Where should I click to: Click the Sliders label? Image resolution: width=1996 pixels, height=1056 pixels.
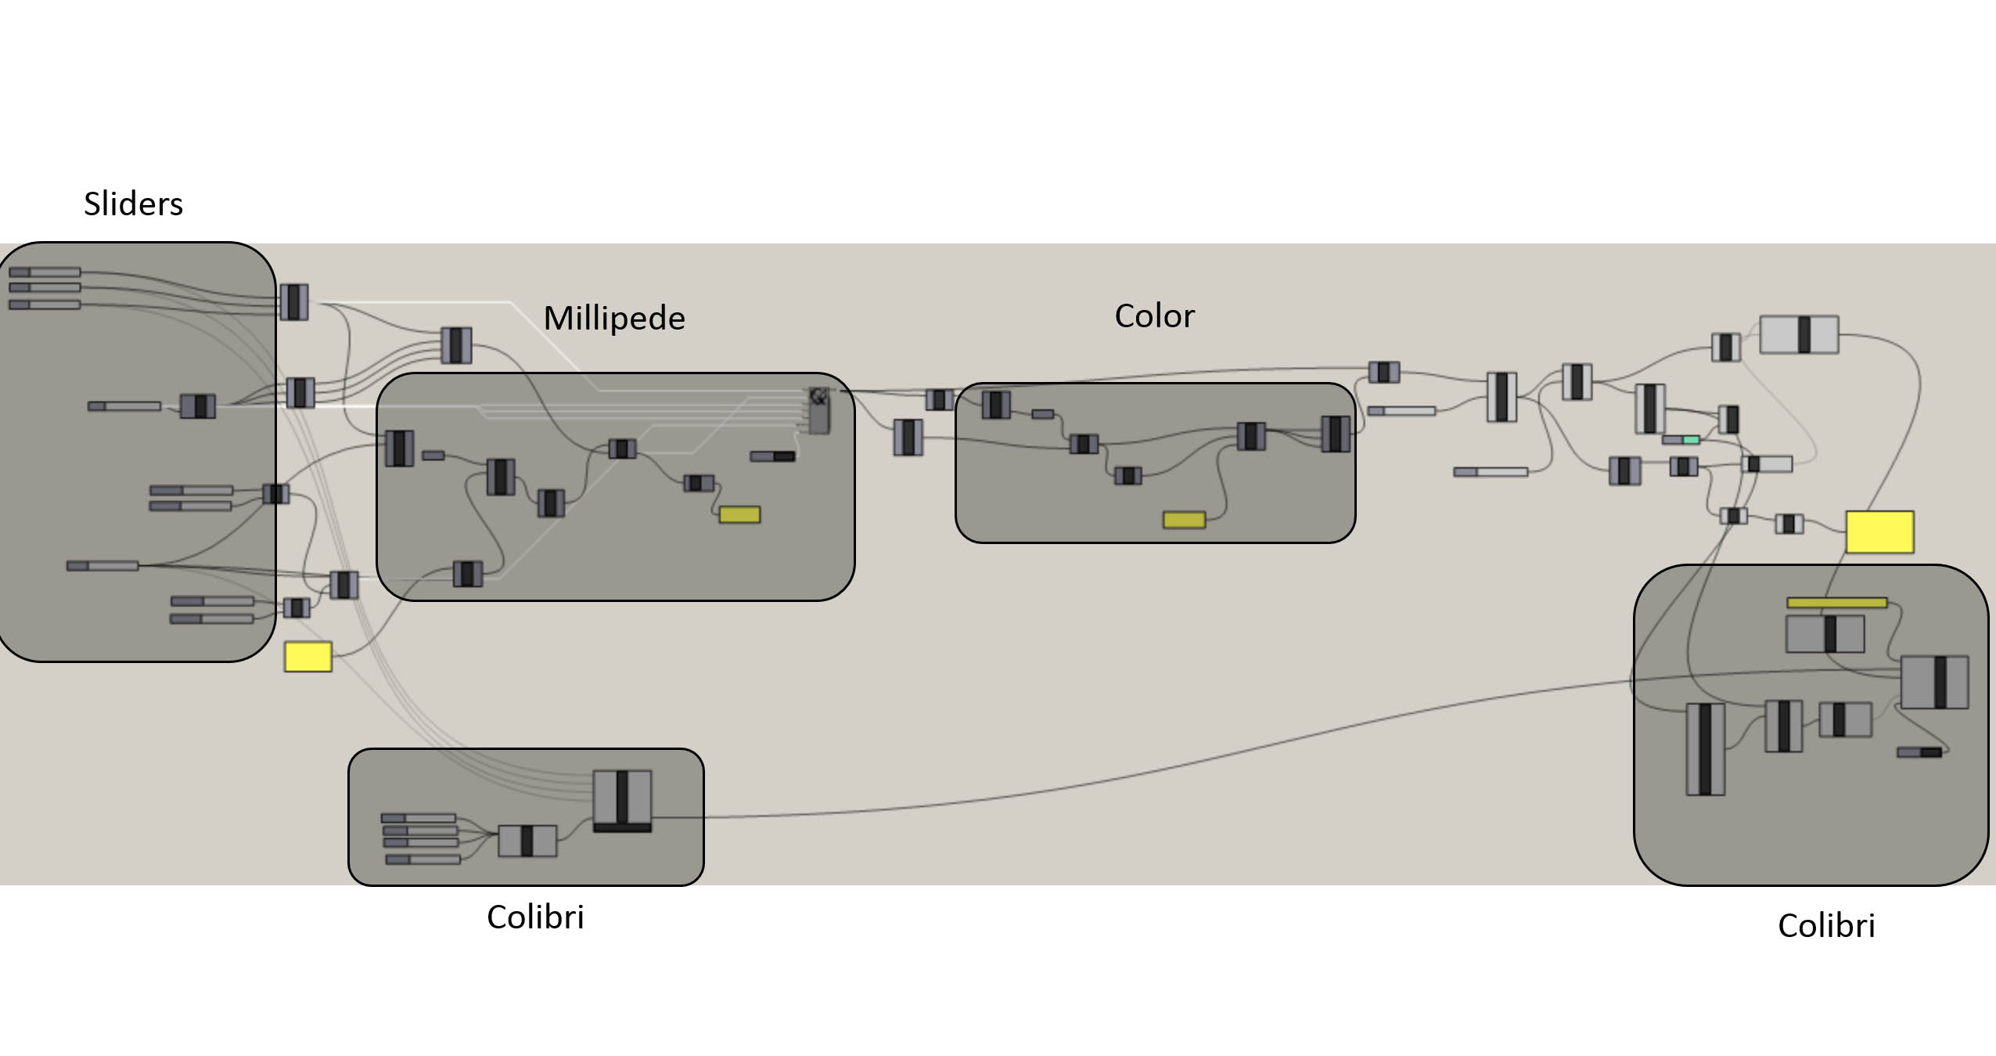coord(133,204)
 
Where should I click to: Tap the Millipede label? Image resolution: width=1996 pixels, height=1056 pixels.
coord(614,318)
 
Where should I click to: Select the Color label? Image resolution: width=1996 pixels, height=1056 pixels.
coord(1154,315)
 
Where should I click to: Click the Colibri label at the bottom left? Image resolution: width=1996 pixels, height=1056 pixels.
coord(535,917)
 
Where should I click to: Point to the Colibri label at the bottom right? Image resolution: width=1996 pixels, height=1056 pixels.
coord(1826,925)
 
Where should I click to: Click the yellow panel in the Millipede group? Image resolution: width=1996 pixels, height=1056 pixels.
coord(739,514)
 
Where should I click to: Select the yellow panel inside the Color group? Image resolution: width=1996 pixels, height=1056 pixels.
coord(1184,520)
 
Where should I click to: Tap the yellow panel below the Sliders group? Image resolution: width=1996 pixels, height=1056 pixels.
coord(307,657)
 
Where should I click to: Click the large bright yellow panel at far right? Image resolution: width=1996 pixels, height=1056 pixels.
coord(1879,532)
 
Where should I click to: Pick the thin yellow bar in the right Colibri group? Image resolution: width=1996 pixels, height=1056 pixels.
coord(1836,603)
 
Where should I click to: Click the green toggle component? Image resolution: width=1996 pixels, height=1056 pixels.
coord(1691,440)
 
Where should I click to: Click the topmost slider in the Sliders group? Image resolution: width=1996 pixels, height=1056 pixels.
coord(45,272)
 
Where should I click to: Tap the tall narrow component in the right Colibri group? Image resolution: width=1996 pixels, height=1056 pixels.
coord(1705,749)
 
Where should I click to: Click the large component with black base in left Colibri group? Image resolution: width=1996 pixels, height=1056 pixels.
coord(622,801)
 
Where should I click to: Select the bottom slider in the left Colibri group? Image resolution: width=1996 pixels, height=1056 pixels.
coord(423,860)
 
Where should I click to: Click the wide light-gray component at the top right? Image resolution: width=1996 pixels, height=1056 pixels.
coord(1799,334)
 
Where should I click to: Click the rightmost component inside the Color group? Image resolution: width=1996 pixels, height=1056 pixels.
coord(1335,434)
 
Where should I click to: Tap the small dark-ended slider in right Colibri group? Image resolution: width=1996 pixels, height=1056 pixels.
coord(1919,752)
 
